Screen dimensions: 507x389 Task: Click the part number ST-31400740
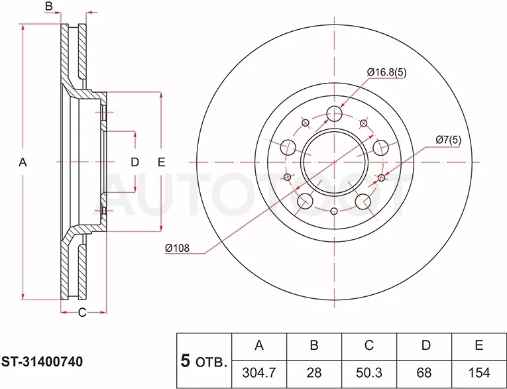point(42,362)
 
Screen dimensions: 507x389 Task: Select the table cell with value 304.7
point(259,373)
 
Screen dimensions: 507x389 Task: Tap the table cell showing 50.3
point(369,373)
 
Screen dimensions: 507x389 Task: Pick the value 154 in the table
point(479,373)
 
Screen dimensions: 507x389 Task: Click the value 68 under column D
point(424,373)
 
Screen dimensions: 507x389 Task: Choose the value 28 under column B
point(314,373)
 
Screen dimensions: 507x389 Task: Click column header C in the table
point(369,346)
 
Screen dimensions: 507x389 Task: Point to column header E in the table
point(479,346)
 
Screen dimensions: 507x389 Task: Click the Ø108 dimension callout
point(177,249)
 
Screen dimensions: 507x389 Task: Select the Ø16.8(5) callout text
point(387,72)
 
